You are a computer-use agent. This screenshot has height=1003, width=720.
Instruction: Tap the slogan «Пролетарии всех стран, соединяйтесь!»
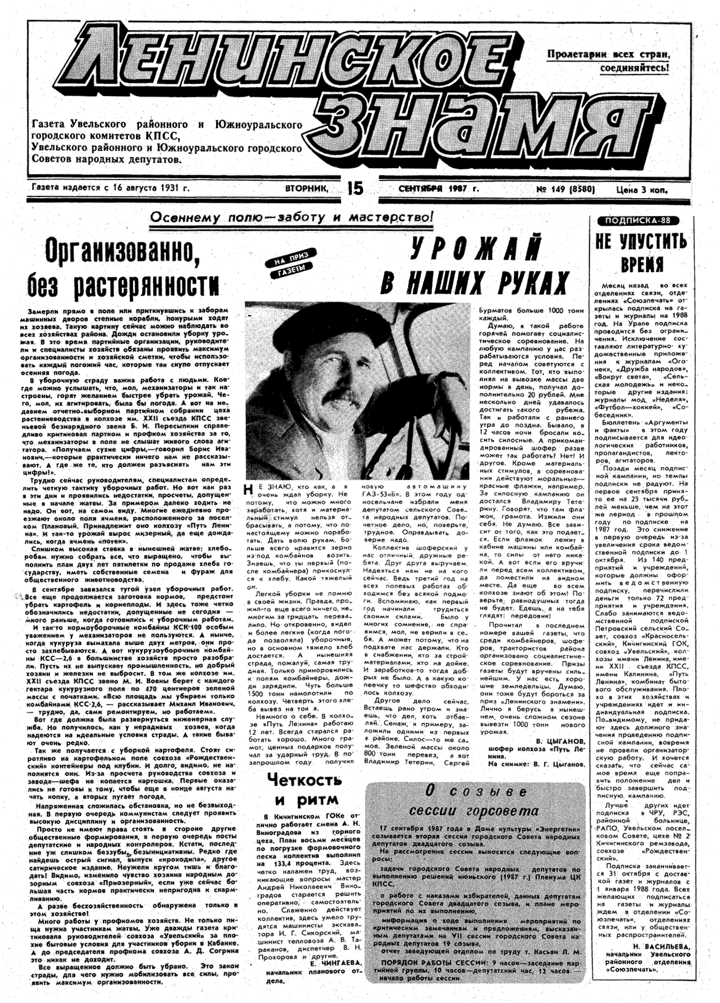608,61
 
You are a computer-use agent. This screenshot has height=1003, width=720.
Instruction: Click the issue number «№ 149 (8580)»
565,189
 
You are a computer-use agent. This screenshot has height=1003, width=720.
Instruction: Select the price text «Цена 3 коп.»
641,190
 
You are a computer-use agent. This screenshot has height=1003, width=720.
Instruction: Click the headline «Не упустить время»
641,252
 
